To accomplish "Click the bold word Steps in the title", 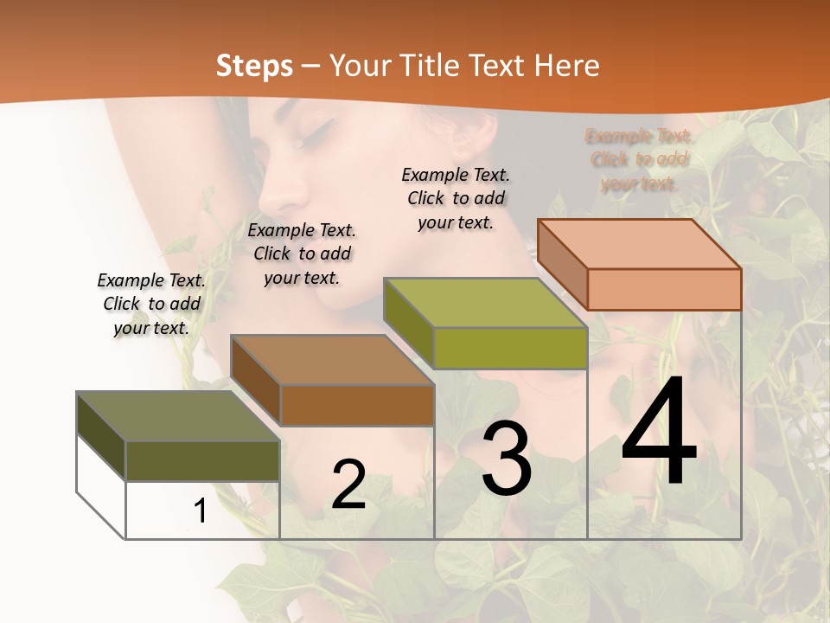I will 254,66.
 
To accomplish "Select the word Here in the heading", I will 567,66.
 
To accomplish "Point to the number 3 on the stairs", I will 507,459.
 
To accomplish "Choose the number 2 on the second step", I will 348,485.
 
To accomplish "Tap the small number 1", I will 201,511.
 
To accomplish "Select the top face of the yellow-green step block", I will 484,303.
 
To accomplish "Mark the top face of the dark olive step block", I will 177,416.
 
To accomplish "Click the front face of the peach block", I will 664,289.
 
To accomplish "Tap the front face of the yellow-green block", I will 510,348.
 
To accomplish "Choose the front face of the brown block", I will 356,405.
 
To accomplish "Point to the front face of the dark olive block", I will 202,460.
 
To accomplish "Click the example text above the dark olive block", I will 151,304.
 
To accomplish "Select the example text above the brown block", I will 302,254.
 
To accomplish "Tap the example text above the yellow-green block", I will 456,198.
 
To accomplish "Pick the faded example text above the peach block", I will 639,160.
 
